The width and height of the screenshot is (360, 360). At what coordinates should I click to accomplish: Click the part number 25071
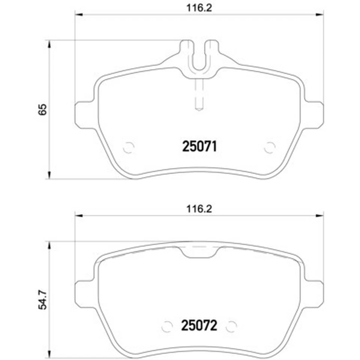pyautogui.click(x=199, y=147)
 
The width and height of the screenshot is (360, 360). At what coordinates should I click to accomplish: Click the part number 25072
pyautogui.click(x=199, y=325)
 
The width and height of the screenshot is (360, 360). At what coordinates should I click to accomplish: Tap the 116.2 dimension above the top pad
pyautogui.click(x=199, y=8)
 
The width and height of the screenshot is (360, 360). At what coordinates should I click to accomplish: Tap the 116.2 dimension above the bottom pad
pyautogui.click(x=199, y=209)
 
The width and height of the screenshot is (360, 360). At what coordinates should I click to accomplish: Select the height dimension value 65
pyautogui.click(x=42, y=109)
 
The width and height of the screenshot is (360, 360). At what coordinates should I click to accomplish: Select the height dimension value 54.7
pyautogui.click(x=42, y=300)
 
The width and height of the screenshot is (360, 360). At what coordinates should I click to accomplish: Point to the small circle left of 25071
pyautogui.click(x=129, y=148)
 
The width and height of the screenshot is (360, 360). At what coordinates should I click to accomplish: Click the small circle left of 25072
pyautogui.click(x=167, y=326)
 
